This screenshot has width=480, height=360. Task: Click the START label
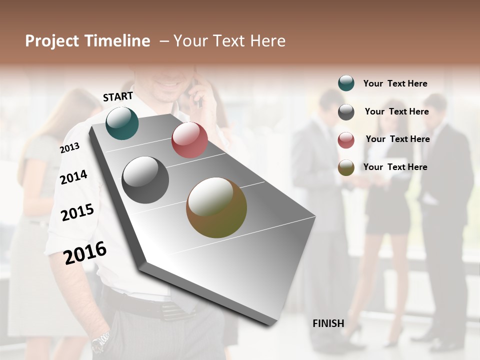118,96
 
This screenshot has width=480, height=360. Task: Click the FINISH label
328,323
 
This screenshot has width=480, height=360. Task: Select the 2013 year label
69,148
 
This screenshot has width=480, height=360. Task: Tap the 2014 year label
73,177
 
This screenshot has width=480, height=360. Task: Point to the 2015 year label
77,212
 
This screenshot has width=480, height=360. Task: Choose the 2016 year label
85,252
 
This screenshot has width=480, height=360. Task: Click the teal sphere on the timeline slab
122,123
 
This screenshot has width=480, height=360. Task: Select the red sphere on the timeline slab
189,140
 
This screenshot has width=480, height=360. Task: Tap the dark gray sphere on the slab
145,180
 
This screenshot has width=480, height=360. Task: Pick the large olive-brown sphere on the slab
216,207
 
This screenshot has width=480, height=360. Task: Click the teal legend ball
346,83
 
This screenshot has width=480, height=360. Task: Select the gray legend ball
346,112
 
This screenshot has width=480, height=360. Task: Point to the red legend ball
346,140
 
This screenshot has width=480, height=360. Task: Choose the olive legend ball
346,167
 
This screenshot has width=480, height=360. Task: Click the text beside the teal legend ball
395,84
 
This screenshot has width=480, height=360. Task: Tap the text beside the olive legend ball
395,167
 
